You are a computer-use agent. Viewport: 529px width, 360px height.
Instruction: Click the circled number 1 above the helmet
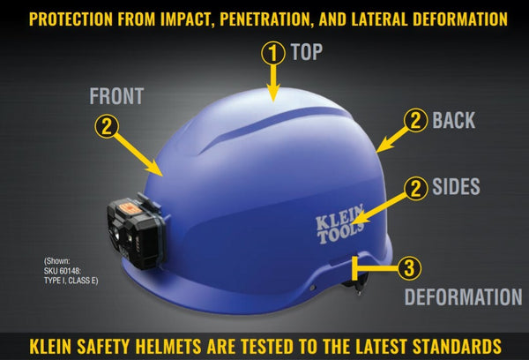coord(273,53)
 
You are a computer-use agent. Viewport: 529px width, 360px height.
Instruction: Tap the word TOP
coord(307,52)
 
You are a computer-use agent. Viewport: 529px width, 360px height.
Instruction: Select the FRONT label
coord(116,96)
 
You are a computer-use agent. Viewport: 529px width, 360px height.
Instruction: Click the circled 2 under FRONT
coord(107,127)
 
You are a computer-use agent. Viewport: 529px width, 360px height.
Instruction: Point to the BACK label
coord(454,120)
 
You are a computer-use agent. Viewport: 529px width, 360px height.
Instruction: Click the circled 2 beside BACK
coord(415,120)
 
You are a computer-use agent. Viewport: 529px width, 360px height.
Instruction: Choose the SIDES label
coord(456,186)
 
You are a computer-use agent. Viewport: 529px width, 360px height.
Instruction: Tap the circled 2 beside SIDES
coord(415,189)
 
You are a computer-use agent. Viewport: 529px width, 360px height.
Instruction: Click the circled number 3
coord(408,268)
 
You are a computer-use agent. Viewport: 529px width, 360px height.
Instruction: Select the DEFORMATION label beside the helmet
coord(463,296)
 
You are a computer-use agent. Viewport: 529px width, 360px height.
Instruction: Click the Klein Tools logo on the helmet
coord(339,223)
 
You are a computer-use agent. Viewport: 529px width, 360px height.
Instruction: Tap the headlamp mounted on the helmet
coord(137,230)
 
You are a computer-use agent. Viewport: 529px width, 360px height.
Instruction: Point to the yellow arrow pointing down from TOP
coord(273,83)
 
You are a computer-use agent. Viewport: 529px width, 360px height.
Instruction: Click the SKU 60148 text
coord(63,271)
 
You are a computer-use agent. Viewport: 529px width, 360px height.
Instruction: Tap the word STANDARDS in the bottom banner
coord(457,346)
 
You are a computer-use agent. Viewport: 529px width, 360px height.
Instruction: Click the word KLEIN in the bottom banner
coord(50,346)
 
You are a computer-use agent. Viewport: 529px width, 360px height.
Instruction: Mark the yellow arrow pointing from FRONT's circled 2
coord(139,154)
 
